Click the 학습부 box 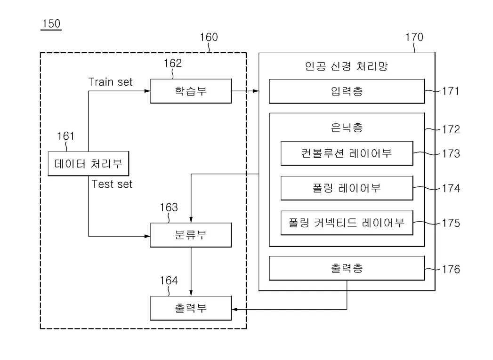point(191,91)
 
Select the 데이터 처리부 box point(89,164)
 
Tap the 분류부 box point(191,235)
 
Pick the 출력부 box point(191,308)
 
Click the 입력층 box point(347,91)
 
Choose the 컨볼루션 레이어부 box point(347,153)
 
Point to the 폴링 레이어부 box point(347,188)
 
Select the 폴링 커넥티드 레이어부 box point(347,223)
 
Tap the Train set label point(111,82)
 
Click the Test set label point(112,184)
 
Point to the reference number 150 point(51,24)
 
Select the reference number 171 point(451,91)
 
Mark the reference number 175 point(451,223)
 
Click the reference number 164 point(169,281)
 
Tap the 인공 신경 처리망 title point(346,66)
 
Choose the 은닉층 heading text point(347,127)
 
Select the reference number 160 point(209,37)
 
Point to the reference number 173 point(451,153)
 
